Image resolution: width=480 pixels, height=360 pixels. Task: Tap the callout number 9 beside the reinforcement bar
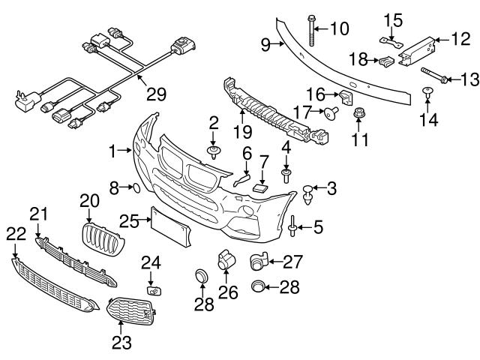click(265, 45)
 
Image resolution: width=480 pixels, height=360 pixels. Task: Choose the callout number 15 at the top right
click(394, 18)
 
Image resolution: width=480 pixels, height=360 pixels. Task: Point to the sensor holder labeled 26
click(224, 260)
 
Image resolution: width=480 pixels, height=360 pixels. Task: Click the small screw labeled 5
click(291, 223)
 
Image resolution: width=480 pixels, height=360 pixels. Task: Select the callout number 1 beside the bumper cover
click(113, 151)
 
